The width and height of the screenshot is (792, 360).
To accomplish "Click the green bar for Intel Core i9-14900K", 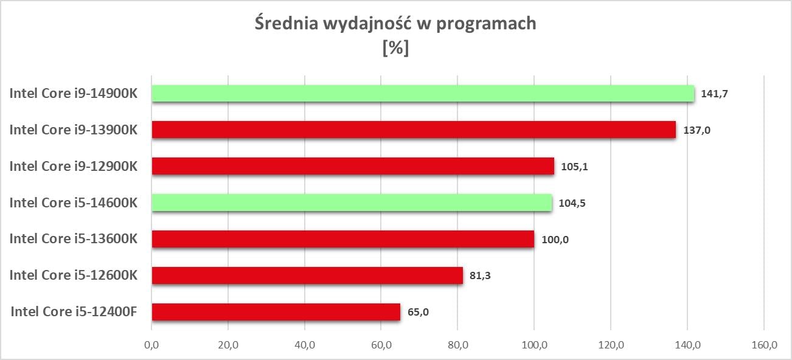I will pos(423,93).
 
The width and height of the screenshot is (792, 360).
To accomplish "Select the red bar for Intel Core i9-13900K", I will pos(414,130).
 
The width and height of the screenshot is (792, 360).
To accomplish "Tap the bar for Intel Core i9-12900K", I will pos(353,166).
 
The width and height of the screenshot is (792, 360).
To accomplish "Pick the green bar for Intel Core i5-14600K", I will pos(352,202).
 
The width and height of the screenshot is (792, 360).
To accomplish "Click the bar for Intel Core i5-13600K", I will pos(342,239).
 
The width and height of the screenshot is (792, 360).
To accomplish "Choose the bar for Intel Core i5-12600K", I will pos(307,275).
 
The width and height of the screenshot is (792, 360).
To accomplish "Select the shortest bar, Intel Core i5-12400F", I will pos(276,312).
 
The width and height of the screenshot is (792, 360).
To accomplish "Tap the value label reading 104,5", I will pos(571,204).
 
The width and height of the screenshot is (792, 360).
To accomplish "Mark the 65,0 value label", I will pos(418,313).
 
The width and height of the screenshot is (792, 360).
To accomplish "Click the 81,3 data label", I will pos(480,277).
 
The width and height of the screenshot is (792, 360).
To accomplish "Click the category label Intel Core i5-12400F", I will pos(74,312).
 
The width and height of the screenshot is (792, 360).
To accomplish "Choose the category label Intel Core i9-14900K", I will pos(73,93).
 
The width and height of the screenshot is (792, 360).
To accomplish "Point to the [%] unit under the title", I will pos(395,48).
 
